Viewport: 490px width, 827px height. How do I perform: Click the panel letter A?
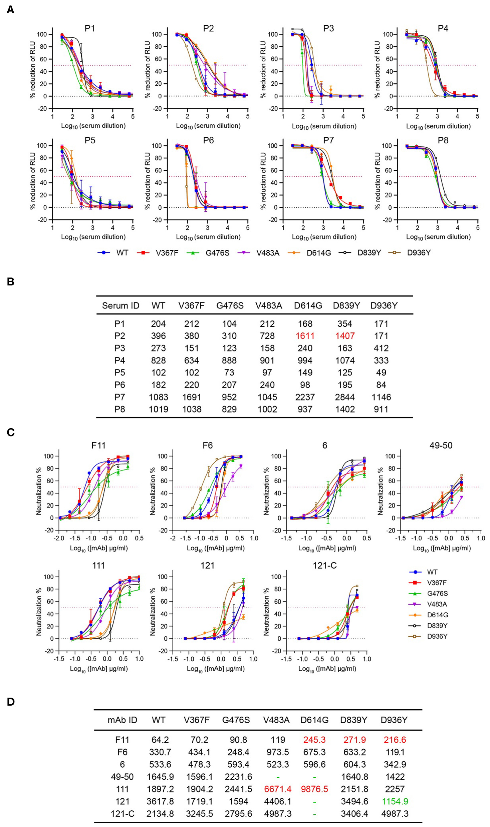[10, 10]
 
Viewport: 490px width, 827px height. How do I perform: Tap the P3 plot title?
[328, 29]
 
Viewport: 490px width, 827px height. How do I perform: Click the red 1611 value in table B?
[305, 336]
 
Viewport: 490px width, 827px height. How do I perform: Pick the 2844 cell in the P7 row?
[345, 397]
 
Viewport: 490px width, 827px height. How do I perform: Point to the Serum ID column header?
[120, 305]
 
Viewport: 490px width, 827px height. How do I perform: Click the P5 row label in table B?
[119, 372]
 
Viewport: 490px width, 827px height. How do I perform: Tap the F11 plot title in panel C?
[98, 446]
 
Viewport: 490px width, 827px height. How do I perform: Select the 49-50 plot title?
[441, 446]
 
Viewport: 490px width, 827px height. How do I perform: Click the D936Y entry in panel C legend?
[437, 636]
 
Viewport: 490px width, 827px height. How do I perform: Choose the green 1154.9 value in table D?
[395, 801]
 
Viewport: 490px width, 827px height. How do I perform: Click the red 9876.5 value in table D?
[314, 789]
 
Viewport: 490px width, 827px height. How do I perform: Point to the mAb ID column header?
[122, 720]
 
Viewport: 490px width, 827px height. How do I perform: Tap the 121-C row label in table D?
[122, 814]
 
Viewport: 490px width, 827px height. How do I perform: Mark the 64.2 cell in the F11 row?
[160, 740]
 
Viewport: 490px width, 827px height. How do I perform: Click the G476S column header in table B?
[230, 305]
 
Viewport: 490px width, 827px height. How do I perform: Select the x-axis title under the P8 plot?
[438, 237]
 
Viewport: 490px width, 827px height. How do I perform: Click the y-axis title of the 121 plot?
[153, 611]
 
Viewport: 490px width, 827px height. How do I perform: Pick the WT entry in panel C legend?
[432, 572]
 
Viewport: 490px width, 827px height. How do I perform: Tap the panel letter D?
[11, 702]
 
